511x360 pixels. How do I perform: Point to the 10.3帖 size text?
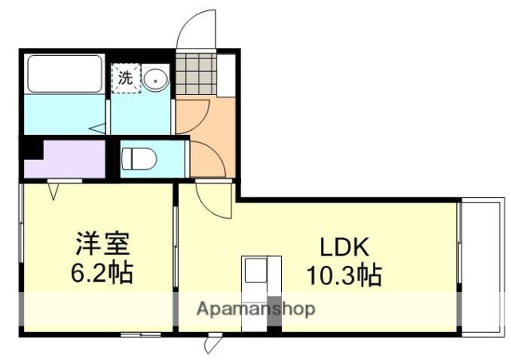point(344,275)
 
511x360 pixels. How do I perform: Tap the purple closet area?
point(72,158)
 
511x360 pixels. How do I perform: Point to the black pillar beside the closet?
point(31,149)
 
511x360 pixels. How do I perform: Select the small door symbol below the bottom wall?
point(213,343)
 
